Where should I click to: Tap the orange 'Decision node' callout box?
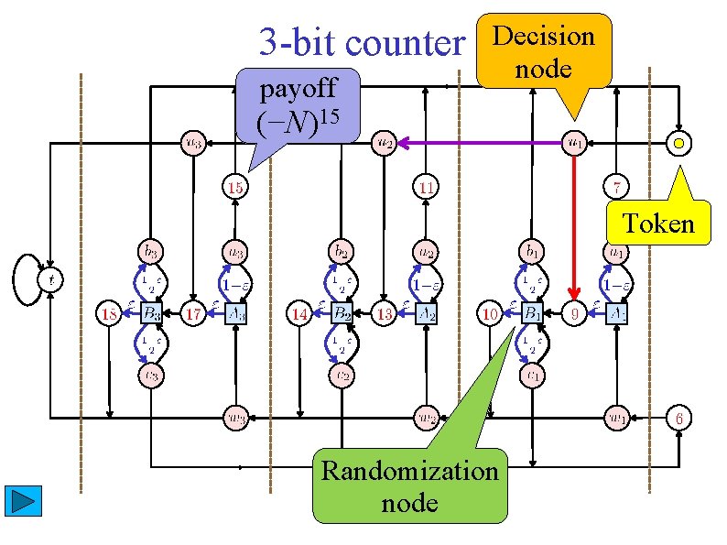tap(543, 51)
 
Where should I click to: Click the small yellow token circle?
tap(679, 143)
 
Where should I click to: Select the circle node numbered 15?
tap(235, 188)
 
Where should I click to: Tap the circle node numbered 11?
tap(426, 188)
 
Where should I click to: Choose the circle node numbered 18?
tap(109, 314)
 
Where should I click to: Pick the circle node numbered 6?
tap(679, 418)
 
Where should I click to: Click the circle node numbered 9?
tap(574, 314)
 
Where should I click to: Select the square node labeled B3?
tap(151, 314)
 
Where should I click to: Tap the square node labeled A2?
tap(426, 314)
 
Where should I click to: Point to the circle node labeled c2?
tap(342, 375)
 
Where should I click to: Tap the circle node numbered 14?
tap(298, 314)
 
